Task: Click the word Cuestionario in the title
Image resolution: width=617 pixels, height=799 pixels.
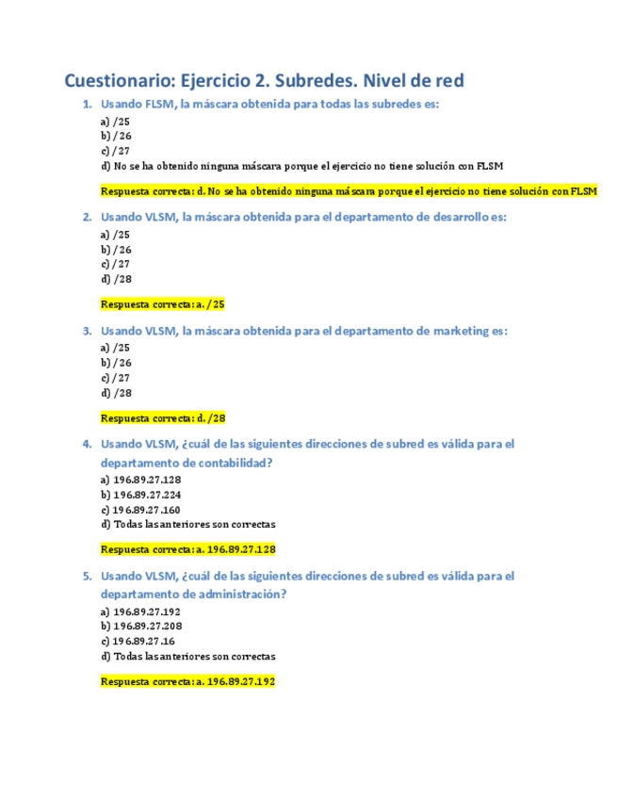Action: [x=118, y=81]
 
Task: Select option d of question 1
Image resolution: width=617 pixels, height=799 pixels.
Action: [x=301, y=166]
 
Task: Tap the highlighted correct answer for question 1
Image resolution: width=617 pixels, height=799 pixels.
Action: [x=349, y=191]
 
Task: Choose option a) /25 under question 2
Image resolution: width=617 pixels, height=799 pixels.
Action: [x=115, y=235]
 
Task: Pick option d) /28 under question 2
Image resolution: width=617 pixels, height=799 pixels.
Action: [x=116, y=279]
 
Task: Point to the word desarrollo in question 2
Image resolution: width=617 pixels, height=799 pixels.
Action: [x=456, y=217]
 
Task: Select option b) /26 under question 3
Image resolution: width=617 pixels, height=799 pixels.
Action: [x=116, y=363]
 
